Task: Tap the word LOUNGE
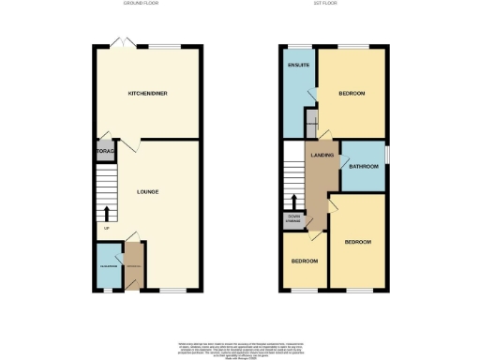click(x=147, y=192)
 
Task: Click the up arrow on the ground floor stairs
click(x=106, y=212)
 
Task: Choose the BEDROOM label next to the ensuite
click(x=352, y=94)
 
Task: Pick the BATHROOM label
click(x=364, y=167)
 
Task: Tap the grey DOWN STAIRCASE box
click(x=294, y=220)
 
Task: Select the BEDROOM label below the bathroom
click(x=358, y=242)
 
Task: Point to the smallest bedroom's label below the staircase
click(x=304, y=260)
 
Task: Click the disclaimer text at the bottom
click(x=240, y=348)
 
